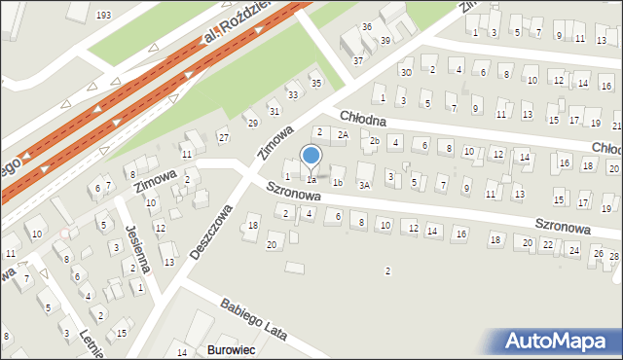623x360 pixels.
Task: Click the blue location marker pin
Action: pyautogui.click(x=311, y=157)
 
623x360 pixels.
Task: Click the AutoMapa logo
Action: pyautogui.click(x=561, y=341)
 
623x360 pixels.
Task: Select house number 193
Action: pyautogui.click(x=104, y=16)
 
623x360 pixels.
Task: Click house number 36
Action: pyautogui.click(x=367, y=26)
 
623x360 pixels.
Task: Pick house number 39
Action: pyautogui.click(x=385, y=40)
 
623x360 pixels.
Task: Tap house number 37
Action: pyautogui.click(x=358, y=60)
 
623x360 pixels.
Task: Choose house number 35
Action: pyautogui.click(x=315, y=83)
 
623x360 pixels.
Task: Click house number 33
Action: pyautogui.click(x=293, y=94)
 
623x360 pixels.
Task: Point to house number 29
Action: pyautogui.click(x=252, y=123)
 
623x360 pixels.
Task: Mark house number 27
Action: pyautogui.click(x=224, y=137)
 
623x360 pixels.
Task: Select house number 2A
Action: pyautogui.click(x=343, y=134)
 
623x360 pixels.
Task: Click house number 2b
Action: pyautogui.click(x=375, y=141)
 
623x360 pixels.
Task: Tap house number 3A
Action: pyautogui.click(x=364, y=184)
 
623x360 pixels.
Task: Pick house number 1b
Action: pyautogui.click(x=337, y=182)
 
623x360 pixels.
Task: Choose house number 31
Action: pyautogui.click(x=450, y=108)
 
